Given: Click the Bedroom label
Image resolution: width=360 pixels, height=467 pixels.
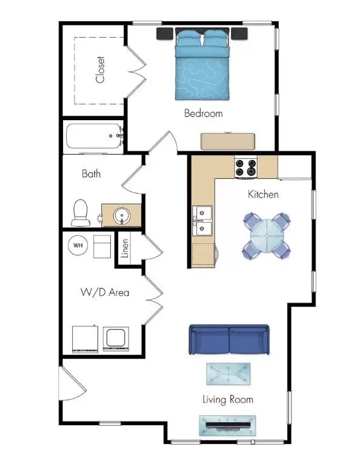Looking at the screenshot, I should tap(203, 113).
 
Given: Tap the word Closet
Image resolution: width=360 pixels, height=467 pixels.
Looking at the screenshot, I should tap(101, 70).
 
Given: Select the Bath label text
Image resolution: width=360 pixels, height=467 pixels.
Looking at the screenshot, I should tap(92, 174).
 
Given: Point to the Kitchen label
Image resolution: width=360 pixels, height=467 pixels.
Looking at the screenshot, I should tap(263, 195).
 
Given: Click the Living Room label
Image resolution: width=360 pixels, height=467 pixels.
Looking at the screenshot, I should tap(227, 400).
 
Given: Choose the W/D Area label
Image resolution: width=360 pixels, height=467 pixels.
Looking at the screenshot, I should tap(105, 292).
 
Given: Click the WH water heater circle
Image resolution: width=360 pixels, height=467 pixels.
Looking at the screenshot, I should tap(78, 246).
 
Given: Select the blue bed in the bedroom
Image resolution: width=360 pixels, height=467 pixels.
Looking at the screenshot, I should tap(203, 66).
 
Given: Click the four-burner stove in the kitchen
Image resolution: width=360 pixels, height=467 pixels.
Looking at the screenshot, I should tap(247, 168).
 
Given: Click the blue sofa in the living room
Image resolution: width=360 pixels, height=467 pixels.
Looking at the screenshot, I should tap(229, 340).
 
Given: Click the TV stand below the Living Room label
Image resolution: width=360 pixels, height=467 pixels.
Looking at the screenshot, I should tap(227, 425).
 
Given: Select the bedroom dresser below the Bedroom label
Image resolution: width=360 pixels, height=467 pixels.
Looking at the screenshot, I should tap(228, 140).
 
